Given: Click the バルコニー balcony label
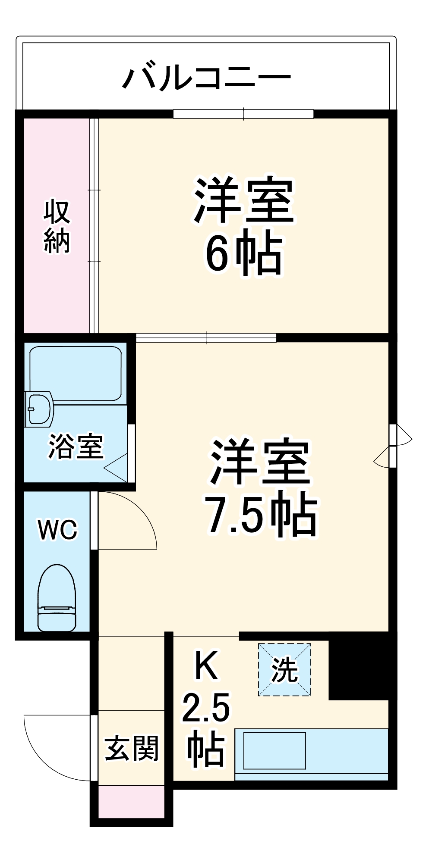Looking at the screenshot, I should (x=207, y=78).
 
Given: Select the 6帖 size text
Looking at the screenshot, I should (x=244, y=255).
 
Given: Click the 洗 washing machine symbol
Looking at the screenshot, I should (x=285, y=669).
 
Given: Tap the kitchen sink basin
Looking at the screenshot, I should (x=274, y=750).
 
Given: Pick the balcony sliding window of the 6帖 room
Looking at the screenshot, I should (x=243, y=114).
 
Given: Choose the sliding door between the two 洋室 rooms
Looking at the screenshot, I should (x=206, y=337).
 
